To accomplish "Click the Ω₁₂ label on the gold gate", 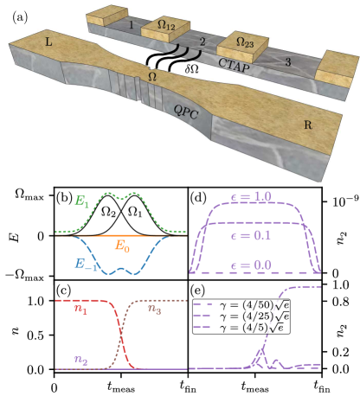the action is tap(166, 26).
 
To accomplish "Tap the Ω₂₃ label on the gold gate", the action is tap(245, 42).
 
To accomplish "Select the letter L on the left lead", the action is tap(48, 42).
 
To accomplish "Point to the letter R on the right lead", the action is tap(308, 125).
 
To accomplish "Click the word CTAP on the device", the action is tap(234, 66).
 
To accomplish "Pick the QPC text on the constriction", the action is tap(186, 112).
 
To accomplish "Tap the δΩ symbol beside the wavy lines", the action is tap(192, 69).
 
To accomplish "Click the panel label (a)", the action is tap(20, 17).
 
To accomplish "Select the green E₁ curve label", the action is tap(81, 201).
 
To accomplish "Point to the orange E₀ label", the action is tap(122, 246).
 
